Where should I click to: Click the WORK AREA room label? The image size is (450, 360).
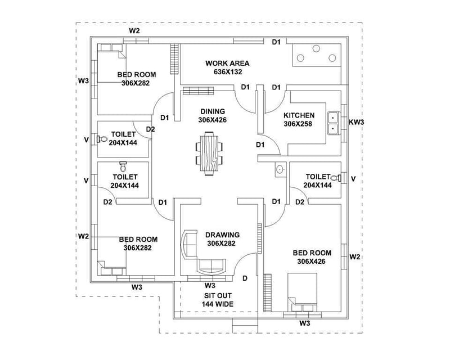point(227,64)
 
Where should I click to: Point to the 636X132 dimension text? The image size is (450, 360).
point(227,72)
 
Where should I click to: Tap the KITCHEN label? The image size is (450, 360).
point(299,115)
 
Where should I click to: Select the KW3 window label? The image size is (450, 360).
point(356,121)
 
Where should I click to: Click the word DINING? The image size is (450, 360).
point(211,111)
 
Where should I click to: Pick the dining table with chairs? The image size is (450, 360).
point(209,153)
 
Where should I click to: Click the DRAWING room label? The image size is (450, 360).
point(222,235)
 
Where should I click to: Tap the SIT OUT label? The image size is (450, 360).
point(217,295)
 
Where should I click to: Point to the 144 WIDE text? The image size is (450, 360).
point(217,304)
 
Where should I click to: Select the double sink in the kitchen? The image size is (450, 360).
point(332,123)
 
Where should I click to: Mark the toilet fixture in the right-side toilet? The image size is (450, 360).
point(335,178)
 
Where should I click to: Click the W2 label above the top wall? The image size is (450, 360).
point(134,30)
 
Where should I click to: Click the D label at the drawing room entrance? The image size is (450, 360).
point(245,278)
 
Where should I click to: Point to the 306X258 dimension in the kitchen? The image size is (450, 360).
point(299,124)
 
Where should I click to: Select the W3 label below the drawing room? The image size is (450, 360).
point(210,286)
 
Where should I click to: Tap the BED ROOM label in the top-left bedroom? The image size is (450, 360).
point(137,74)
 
